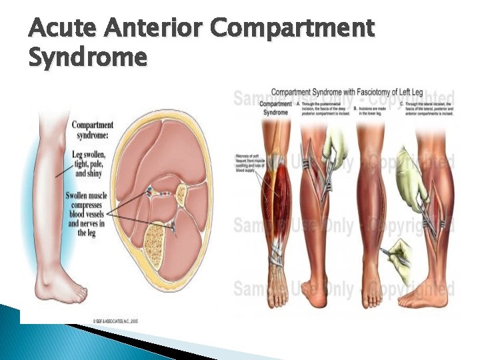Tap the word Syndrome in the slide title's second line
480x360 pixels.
[x=87, y=58]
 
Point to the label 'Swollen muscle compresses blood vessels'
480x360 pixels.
[x=91, y=210]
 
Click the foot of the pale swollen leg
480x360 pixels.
[x=63, y=290]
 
